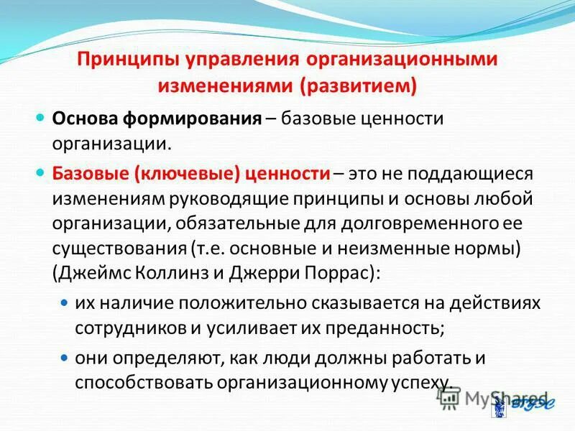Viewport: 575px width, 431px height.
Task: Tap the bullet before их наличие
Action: [x=64, y=305]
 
